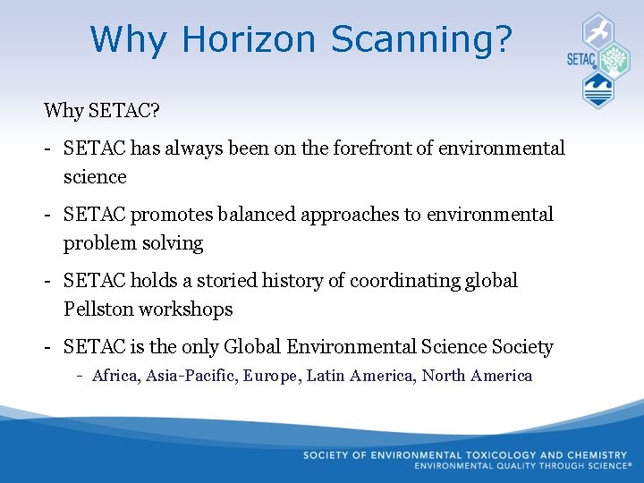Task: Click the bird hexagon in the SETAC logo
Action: click(597, 30)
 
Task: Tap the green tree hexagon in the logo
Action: click(614, 61)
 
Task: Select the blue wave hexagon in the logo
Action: click(597, 90)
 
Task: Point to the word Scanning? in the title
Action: click(422, 39)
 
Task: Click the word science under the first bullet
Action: click(95, 177)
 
